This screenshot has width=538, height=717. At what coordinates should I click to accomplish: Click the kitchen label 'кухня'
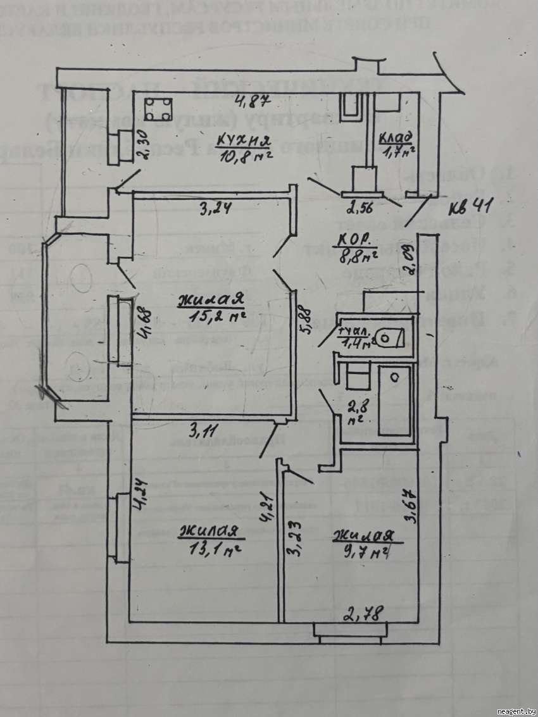pos(244,140)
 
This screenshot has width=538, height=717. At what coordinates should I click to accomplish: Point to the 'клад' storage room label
pos(396,137)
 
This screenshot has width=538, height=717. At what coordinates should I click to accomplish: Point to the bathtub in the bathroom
pos(394,399)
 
